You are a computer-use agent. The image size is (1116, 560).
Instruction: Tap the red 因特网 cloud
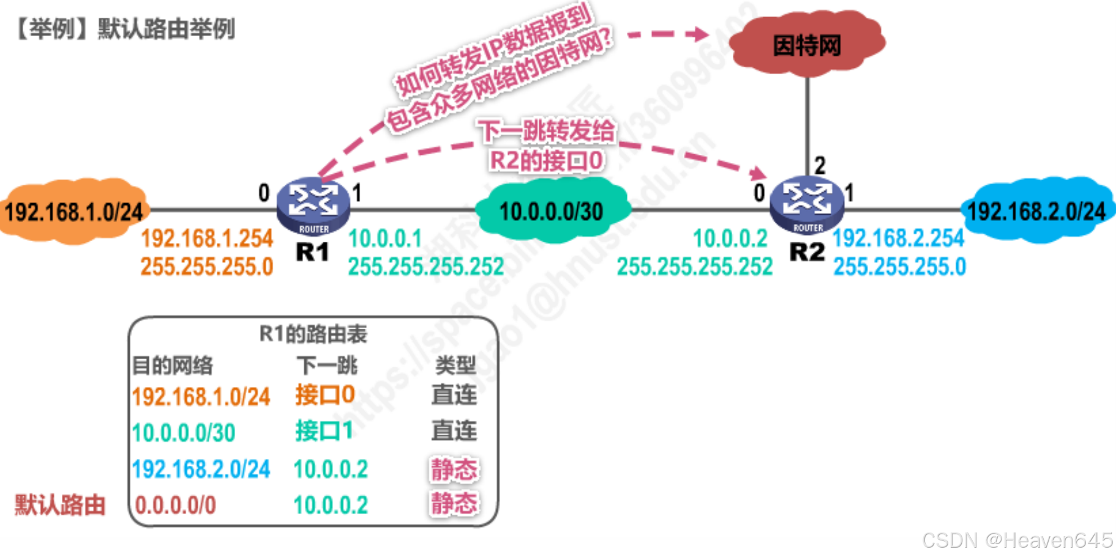807,45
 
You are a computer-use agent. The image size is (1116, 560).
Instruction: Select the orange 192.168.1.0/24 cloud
73,212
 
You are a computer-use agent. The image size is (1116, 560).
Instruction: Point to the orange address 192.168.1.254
207,239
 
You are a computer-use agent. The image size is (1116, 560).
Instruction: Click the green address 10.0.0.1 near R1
385,239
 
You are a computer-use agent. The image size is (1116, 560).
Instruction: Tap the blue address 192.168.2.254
898,238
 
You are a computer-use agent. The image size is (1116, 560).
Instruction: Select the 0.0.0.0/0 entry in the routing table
176,506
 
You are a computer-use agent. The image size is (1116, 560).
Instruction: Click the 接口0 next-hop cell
325,395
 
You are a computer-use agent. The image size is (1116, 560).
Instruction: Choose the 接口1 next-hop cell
324,431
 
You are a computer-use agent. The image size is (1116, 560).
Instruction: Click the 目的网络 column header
173,366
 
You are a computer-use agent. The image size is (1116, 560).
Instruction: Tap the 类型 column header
455,365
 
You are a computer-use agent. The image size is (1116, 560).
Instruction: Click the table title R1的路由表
313,334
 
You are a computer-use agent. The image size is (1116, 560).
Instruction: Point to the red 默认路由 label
60,506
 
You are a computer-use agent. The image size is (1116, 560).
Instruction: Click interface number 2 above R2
820,165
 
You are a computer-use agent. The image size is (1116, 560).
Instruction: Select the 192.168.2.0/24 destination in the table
201,469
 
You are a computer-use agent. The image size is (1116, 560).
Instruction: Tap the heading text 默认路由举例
167,29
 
